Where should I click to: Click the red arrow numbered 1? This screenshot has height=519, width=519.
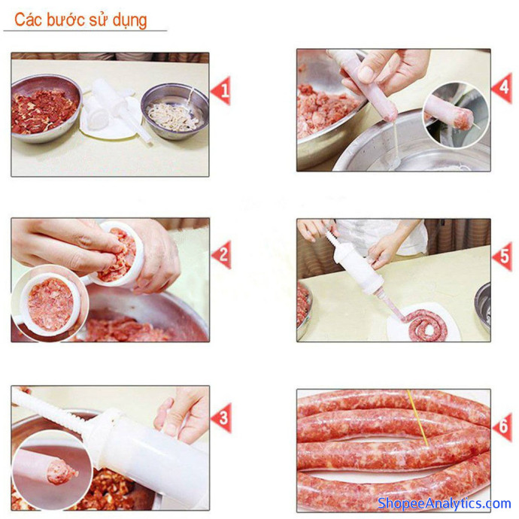point(221,90)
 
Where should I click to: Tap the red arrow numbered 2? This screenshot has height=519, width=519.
point(222,255)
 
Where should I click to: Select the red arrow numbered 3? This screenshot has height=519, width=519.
point(222,417)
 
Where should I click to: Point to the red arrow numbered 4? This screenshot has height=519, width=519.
point(502,88)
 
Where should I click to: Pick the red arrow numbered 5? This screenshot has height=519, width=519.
point(502,256)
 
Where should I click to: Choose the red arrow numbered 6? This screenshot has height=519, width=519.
point(502,426)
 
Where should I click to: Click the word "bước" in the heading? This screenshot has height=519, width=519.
point(66,20)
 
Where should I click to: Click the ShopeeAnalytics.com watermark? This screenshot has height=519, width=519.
point(444,503)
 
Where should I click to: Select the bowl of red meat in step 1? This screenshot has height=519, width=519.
point(46,108)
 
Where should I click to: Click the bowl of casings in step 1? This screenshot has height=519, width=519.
point(175,111)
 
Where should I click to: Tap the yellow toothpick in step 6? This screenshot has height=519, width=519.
point(417,417)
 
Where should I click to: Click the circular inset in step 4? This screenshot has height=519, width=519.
point(456,115)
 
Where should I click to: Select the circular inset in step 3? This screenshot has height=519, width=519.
point(53,470)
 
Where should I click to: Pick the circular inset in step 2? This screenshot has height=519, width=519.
point(50,303)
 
